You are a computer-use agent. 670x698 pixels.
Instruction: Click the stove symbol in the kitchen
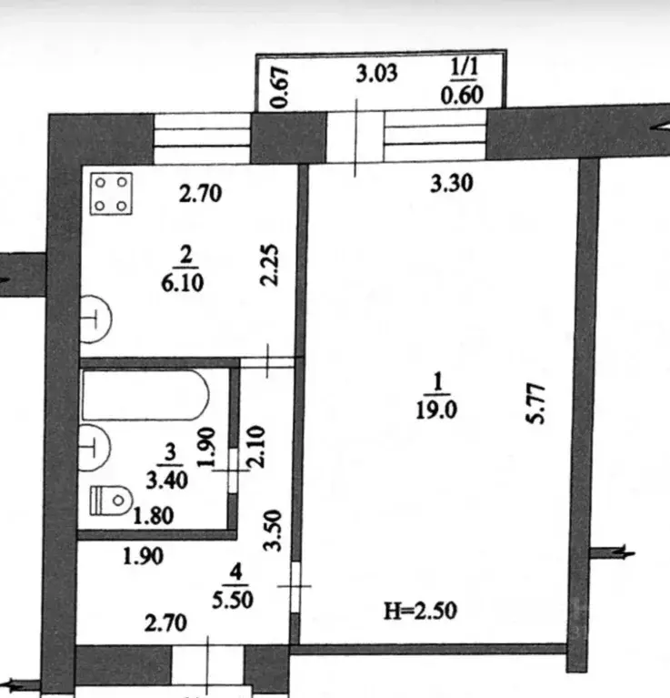pyautogui.click(x=111, y=194)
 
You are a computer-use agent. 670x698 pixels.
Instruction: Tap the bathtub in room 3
pyautogui.click(x=145, y=394)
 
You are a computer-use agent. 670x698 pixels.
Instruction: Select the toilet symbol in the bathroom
pyautogui.click(x=111, y=501)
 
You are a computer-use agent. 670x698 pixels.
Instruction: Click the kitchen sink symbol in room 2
pyautogui.click(x=95, y=319)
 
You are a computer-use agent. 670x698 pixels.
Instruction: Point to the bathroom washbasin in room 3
pyautogui.click(x=95, y=448)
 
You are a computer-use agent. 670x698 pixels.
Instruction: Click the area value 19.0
pyautogui.click(x=436, y=410)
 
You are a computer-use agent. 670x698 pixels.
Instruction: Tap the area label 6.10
pyautogui.click(x=183, y=283)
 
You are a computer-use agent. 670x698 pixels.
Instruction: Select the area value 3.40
pyautogui.click(x=166, y=481)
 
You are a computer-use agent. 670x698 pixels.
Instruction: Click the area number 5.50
pyautogui.click(x=233, y=600)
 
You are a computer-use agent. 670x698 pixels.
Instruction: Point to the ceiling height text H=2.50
pyautogui.click(x=420, y=611)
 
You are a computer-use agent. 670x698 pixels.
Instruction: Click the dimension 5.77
pyautogui.click(x=535, y=404)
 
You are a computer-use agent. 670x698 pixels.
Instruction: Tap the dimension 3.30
pyautogui.click(x=451, y=184)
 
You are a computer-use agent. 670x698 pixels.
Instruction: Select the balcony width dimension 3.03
pyautogui.click(x=376, y=74)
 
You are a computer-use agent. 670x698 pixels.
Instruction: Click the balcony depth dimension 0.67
pyautogui.click(x=280, y=87)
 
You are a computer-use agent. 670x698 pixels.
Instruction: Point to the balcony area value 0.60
pyautogui.click(x=462, y=96)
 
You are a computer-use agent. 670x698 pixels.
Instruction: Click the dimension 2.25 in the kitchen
pyautogui.click(x=270, y=265)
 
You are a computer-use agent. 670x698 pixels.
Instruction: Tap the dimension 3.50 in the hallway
pyautogui.click(x=273, y=531)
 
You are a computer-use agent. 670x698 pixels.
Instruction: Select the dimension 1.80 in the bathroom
pyautogui.click(x=153, y=516)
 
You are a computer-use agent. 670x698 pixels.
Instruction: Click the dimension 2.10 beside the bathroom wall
pyautogui.click(x=256, y=447)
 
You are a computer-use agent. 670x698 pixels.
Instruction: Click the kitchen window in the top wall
pyautogui.click(x=203, y=138)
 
